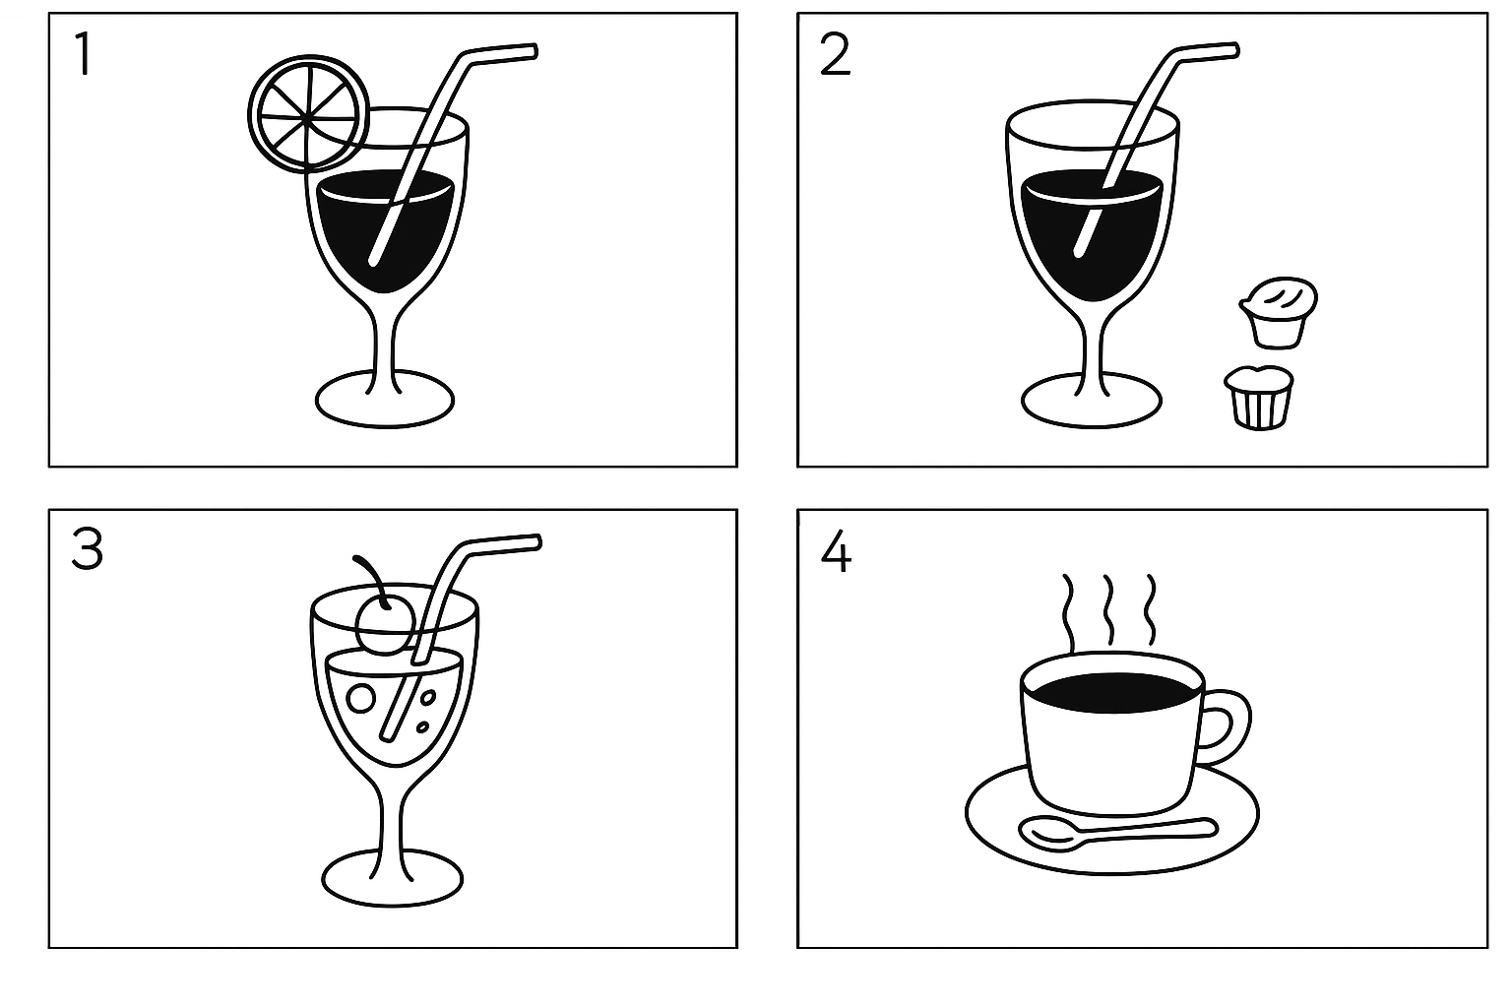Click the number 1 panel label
tap(84, 55)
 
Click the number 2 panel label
tap(835, 55)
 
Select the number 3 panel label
tap(87, 549)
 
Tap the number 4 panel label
tap(836, 551)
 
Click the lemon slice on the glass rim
tap(308, 113)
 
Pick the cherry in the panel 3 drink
tap(383, 626)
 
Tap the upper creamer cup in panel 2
tap(1278, 312)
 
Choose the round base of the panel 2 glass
tap(1092, 401)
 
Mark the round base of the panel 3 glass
tap(392, 879)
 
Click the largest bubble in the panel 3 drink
tap(360, 699)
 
